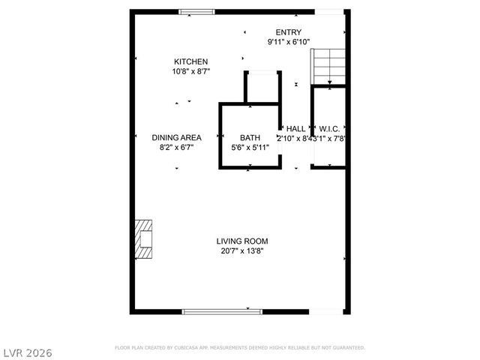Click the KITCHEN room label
pyautogui.click(x=191, y=61)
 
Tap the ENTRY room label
pyautogui.click(x=289, y=32)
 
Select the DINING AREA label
pyautogui.click(x=177, y=137)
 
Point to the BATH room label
pyautogui.click(x=250, y=137)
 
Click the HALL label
pyautogui.click(x=295, y=129)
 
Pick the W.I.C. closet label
pyautogui.click(x=329, y=129)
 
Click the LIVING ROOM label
pyautogui.click(x=242, y=241)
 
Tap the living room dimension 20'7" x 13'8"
pyautogui.click(x=242, y=251)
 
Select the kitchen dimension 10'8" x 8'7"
pyautogui.click(x=191, y=72)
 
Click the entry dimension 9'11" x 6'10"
pyautogui.click(x=289, y=42)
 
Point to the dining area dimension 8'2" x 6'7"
pyautogui.click(x=177, y=148)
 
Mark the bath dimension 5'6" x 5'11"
pyautogui.click(x=250, y=148)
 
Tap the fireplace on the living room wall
pyautogui.click(x=143, y=238)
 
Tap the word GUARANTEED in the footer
pyautogui.click(x=346, y=348)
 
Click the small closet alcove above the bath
pyautogui.click(x=262, y=86)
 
